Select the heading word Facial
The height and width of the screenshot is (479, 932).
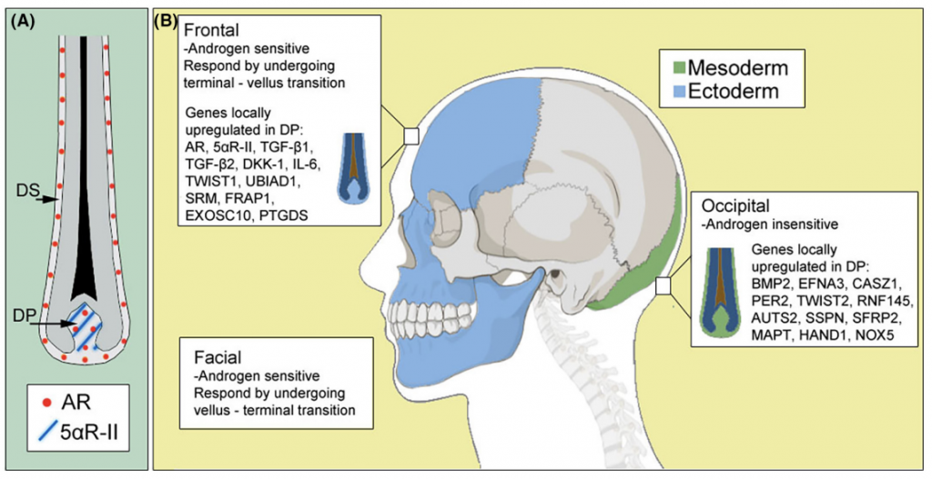point(215,354)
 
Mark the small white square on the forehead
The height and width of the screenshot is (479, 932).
point(410,136)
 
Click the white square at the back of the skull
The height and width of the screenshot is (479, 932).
point(663,286)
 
